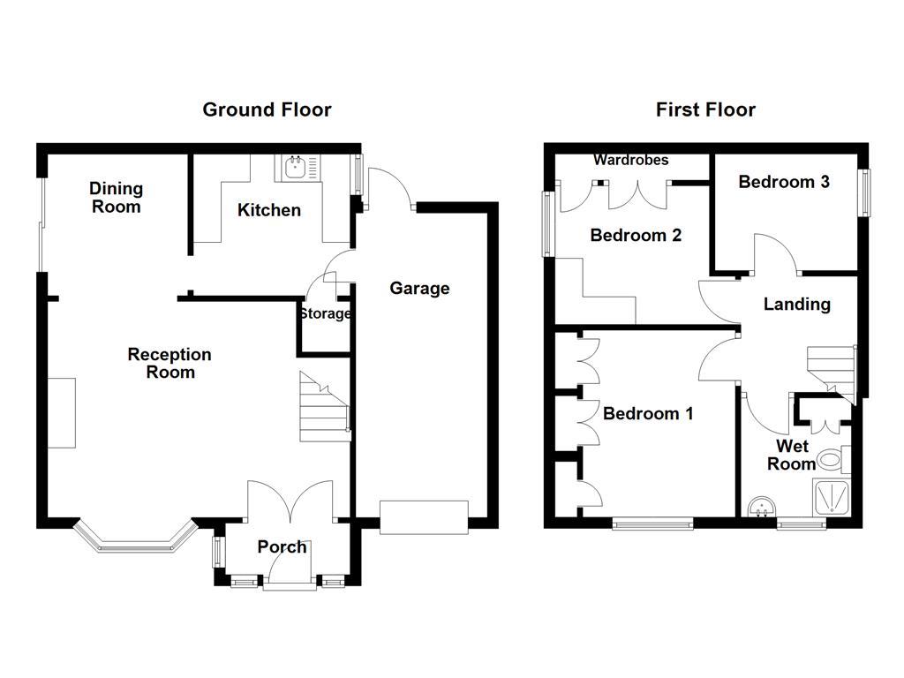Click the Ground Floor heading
tap(267, 109)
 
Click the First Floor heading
tap(705, 109)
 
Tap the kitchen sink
tap(297, 168)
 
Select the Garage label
tap(419, 289)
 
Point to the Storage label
tap(325, 313)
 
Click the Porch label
tap(282, 546)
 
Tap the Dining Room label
tap(116, 197)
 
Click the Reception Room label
tap(169, 363)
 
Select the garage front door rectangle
tap(424, 517)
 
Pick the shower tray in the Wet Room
tap(832, 498)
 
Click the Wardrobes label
tap(631, 160)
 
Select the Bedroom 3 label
tap(784, 182)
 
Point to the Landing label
tap(797, 304)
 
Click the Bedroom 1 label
tap(648, 413)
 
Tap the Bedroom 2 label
tap(636, 235)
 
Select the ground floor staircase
tap(324, 407)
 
